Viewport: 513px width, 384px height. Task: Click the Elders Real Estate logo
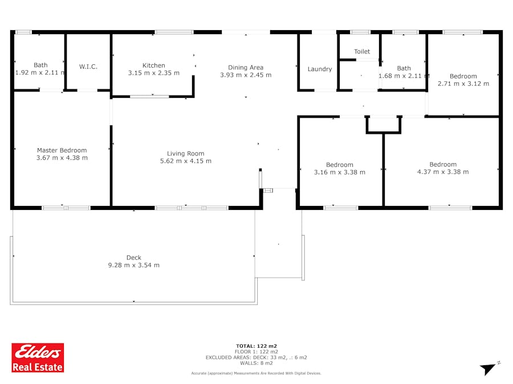(x=38, y=358)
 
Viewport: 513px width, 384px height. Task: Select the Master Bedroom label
(x=62, y=150)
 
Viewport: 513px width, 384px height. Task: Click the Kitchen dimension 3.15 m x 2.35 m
(x=154, y=73)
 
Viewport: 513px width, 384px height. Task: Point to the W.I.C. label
(x=88, y=67)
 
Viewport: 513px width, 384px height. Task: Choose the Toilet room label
(x=362, y=52)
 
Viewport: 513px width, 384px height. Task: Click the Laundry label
(x=320, y=69)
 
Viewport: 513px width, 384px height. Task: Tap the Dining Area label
(x=246, y=68)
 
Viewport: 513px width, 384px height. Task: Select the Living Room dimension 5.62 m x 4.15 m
(x=185, y=161)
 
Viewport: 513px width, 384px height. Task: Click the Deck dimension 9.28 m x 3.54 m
(x=134, y=265)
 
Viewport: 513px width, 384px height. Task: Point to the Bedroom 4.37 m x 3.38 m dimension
(x=443, y=172)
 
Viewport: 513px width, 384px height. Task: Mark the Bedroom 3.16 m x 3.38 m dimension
(x=340, y=172)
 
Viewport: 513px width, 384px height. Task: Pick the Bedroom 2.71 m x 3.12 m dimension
(x=463, y=84)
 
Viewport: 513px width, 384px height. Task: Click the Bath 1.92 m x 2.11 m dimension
(x=40, y=72)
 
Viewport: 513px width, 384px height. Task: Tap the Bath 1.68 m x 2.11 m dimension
(x=404, y=76)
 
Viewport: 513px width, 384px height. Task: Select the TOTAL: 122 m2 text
(x=256, y=346)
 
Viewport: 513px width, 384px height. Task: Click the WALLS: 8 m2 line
(x=256, y=363)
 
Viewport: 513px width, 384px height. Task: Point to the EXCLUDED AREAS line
(x=256, y=358)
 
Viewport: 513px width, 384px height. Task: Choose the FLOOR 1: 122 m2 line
(x=256, y=352)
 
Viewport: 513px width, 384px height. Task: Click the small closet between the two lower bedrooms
(x=384, y=125)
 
